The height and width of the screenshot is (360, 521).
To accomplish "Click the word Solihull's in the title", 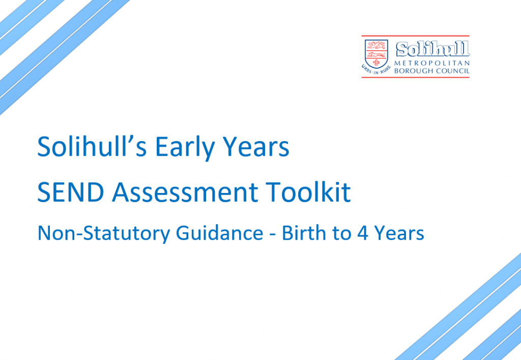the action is coord(92,146).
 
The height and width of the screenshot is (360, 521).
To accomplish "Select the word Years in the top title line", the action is coord(256,146).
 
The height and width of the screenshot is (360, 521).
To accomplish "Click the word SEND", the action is coord(71,192).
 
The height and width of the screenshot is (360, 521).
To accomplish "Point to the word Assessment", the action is coord(185,192).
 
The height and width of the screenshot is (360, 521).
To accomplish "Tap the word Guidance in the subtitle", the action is coord(220,233).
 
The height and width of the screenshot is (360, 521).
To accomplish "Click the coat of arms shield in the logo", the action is coord(376,53).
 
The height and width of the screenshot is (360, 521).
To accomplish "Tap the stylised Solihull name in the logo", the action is coord(432,49).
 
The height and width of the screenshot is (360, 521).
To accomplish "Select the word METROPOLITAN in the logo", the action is coord(432,63).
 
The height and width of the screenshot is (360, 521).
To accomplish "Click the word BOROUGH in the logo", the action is coord(414,71).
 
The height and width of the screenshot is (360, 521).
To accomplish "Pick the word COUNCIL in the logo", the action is coord(452,71).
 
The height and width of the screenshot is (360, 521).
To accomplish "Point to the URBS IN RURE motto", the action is coord(376,70).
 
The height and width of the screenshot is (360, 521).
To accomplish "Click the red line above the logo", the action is coord(415,36).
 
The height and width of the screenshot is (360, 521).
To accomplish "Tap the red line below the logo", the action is coord(415,77).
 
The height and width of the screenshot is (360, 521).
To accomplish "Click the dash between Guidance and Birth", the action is coord(273,234).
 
